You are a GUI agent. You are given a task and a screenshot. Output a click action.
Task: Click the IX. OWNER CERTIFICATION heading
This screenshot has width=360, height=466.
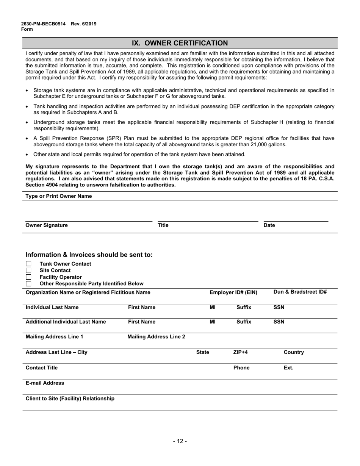pos(180,43)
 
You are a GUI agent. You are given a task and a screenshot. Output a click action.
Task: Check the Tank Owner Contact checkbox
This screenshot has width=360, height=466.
pos(28,264)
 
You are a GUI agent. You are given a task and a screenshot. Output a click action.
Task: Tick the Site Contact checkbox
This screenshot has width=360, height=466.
pos(28,271)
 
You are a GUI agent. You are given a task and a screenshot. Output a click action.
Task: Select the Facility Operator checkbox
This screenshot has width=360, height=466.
pos(28,277)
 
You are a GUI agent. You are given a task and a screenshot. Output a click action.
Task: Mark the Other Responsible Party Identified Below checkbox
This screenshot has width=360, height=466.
pos(28,283)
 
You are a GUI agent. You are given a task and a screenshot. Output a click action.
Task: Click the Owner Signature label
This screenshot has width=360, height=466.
pos(47,225)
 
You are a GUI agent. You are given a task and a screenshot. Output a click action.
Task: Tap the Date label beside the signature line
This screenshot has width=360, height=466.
pos(269,225)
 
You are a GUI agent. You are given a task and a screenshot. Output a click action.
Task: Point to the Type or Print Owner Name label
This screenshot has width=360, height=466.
pos(58,196)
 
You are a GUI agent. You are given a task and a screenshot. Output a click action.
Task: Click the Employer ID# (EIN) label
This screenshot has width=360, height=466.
pos(233,292)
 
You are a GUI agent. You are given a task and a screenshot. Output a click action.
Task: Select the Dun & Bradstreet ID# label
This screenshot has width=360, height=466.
pos(300,292)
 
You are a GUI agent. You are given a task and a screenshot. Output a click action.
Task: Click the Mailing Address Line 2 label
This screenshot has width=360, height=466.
pos(157,336)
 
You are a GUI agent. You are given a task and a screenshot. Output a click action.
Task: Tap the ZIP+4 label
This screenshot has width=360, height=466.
pos(240,352)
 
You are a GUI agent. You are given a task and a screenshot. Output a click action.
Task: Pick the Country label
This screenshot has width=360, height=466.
pos(294,352)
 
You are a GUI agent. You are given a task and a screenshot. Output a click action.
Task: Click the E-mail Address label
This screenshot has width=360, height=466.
pos(45,383)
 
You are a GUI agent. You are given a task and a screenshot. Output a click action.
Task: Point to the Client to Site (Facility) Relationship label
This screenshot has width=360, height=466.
pos(70,399)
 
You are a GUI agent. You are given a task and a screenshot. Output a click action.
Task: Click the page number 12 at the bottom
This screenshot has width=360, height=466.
pos(180,441)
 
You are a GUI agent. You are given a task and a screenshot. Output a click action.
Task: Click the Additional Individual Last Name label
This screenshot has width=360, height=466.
pos(66,322)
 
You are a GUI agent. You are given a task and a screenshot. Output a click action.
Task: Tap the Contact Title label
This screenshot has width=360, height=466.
pos(42,367)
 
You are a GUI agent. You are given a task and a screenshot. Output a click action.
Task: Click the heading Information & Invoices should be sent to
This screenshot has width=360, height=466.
pos(89,255)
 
